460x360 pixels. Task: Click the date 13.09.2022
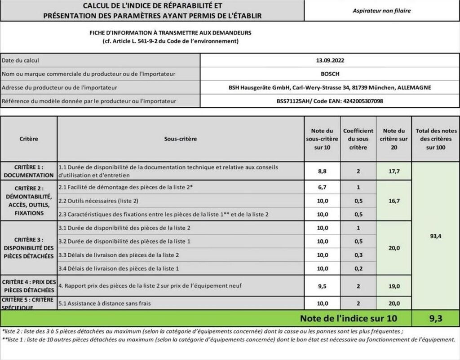(330, 60)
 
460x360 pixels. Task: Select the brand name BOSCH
(330, 74)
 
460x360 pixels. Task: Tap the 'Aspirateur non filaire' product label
(381, 11)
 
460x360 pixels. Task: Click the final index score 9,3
(435, 319)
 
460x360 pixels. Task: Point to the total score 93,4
(435, 236)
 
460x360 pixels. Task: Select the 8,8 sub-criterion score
(323, 171)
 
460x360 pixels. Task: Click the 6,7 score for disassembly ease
(323, 187)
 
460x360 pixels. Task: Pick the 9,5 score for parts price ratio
(323, 285)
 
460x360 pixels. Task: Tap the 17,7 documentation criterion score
(394, 171)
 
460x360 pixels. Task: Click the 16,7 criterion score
(394, 201)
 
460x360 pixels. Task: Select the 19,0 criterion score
(394, 285)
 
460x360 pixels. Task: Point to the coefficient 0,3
(358, 255)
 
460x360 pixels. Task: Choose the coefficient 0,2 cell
(358, 268)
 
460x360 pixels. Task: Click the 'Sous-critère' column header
(181, 139)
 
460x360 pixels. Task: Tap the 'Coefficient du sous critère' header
(358, 139)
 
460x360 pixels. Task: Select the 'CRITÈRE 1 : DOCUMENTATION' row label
(29, 171)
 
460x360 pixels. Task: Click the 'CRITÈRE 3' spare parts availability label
(29, 248)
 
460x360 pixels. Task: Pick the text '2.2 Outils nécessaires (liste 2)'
(98, 201)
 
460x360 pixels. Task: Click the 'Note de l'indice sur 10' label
(349, 319)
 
